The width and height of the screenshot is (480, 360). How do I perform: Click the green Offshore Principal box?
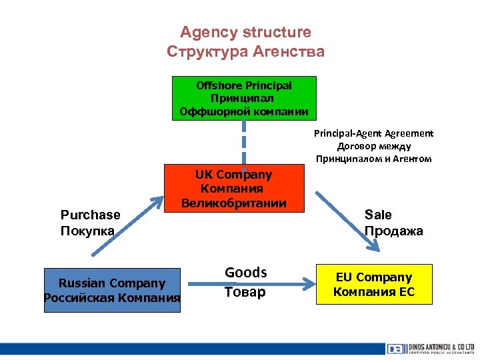coord(244,97)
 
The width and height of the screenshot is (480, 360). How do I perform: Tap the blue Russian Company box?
coord(111,290)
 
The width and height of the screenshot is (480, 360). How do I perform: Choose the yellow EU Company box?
coord(373,285)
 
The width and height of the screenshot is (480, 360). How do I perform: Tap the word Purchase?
coord(91,215)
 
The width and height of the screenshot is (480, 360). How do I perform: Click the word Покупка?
coord(88,231)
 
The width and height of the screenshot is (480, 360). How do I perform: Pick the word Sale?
coord(378,215)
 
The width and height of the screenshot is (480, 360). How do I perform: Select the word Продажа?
coord(393,231)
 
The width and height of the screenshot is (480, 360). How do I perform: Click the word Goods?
coord(245,273)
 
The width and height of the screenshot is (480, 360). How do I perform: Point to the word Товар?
coord(245,292)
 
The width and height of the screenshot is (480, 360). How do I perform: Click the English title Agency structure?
coord(245,32)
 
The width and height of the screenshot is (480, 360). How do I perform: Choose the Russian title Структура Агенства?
coord(245,51)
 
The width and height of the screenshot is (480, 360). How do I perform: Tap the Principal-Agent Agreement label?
coord(373,133)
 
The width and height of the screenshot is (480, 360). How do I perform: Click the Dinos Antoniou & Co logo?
coord(429,349)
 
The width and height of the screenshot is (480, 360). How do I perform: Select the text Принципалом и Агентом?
coord(373,159)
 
